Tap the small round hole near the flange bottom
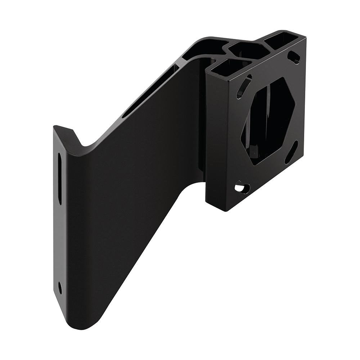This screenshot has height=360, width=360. (60, 287)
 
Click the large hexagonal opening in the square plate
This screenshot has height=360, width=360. (268, 121)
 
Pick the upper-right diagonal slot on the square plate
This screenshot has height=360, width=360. (294, 57)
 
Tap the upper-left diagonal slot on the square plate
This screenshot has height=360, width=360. (244, 86)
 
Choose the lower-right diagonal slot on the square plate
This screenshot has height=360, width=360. (291, 152)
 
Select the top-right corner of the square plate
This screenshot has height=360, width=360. (306, 37)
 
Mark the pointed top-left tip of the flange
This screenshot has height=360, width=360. (55, 126)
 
